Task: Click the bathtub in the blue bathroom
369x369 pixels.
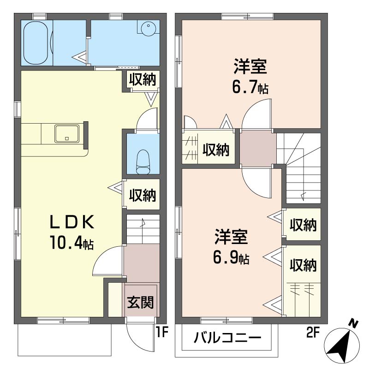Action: [36, 43]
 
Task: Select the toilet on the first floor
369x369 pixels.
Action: [143, 162]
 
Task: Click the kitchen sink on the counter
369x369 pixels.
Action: [67, 134]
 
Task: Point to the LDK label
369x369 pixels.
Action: [72, 222]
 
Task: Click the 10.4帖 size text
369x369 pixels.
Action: [71, 243]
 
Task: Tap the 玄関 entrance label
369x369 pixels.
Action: [140, 302]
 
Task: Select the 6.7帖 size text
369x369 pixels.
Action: [250, 87]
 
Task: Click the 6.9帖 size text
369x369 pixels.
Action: [231, 257]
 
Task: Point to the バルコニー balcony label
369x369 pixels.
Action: [227, 338]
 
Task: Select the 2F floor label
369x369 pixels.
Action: [313, 332]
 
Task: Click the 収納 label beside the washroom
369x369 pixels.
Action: [143, 79]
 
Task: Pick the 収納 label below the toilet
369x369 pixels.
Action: [143, 195]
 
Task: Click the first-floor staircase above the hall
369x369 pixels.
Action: [143, 229]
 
